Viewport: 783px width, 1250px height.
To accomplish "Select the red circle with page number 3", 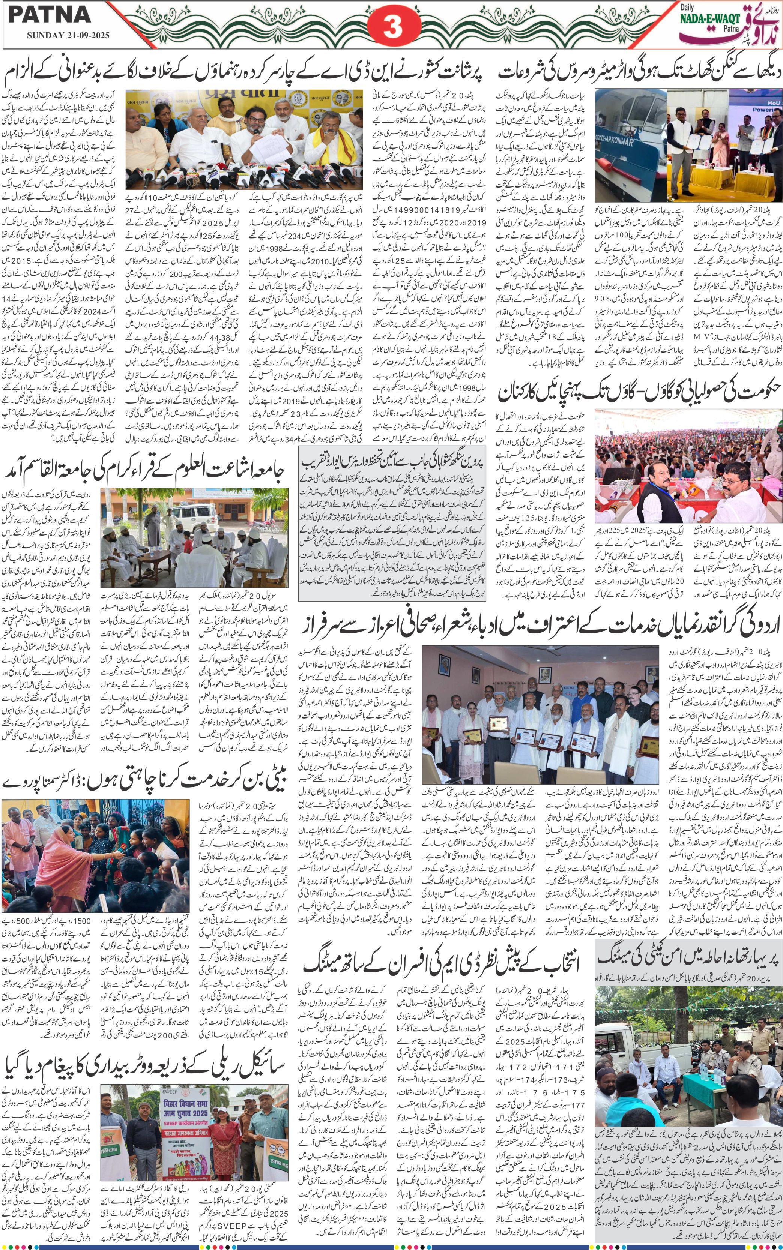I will (x=392, y=27).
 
